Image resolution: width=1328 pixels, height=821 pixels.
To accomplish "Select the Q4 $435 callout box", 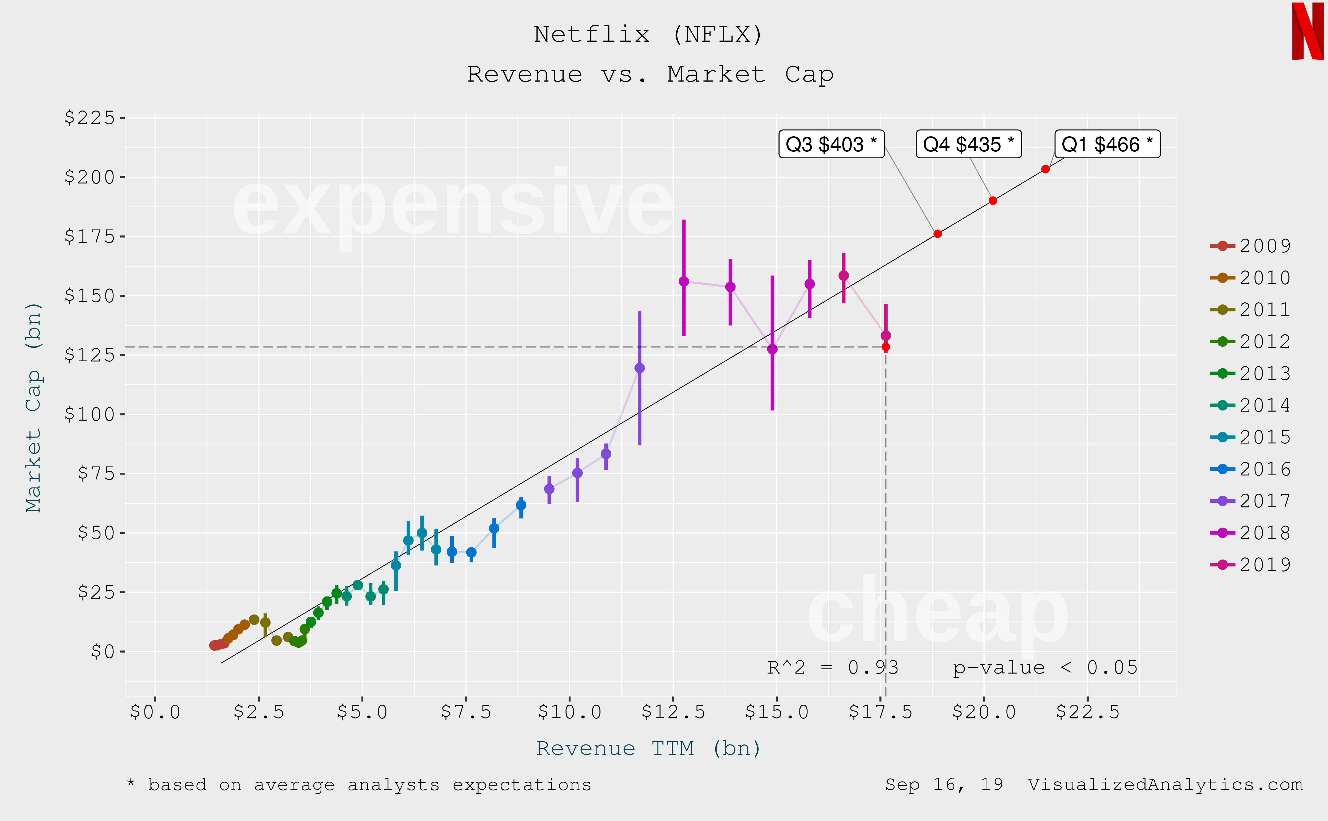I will pos(968,145).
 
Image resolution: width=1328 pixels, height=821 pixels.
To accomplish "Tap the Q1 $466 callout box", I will pos(1107,145).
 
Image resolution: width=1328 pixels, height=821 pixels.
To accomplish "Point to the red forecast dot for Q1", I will pos(1045,170).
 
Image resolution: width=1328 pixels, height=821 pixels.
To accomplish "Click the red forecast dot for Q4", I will pos(993,201).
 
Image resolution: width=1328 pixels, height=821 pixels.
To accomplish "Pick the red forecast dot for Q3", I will pos(937,234).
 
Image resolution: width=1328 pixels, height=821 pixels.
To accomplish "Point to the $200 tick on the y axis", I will pos(90,177).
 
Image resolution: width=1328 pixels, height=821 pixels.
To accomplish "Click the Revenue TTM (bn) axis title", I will pos(649,749).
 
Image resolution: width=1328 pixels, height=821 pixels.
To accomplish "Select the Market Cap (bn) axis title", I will pos(34,407).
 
